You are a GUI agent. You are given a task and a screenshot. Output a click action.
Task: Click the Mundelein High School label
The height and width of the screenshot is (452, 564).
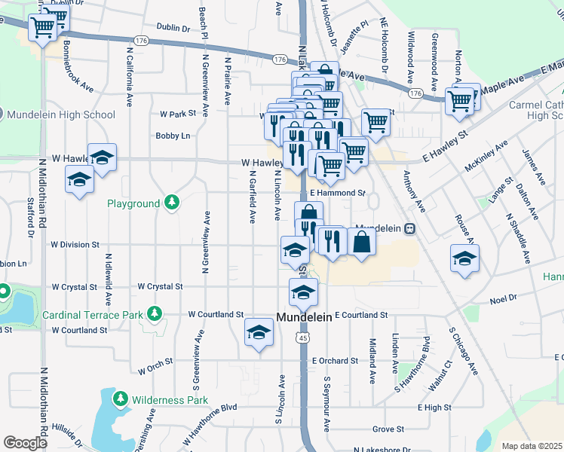pos(61,115)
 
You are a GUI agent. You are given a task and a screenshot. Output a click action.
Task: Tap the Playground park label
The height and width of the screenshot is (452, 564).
pos(133,203)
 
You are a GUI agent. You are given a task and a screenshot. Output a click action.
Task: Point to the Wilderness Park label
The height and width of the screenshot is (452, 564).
pos(160,399)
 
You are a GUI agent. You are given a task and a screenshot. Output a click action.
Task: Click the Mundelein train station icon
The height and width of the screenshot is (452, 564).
pos(409,228)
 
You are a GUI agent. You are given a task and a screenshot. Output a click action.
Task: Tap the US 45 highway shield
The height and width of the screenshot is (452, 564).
pos(303,339)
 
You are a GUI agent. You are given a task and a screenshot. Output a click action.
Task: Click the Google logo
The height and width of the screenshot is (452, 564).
pos(25,443)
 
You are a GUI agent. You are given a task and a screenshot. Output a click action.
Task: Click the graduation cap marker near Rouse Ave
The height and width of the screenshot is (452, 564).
pos(464,258)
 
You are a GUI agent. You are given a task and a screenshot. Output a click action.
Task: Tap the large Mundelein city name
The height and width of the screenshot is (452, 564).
pos(304,318)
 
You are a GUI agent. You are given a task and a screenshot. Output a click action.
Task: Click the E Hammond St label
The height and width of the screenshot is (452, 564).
pos(337,193)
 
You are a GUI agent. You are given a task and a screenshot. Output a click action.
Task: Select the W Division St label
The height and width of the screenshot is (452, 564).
pos(75,245)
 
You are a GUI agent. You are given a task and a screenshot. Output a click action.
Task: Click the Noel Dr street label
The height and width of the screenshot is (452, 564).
pos(502,298)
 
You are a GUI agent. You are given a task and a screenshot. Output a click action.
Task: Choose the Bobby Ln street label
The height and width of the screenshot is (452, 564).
pos(173,136)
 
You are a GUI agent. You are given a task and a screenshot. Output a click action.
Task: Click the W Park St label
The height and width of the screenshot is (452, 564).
pos(178,115)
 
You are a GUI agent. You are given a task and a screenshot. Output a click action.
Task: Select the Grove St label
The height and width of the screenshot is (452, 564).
pos(388,429)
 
